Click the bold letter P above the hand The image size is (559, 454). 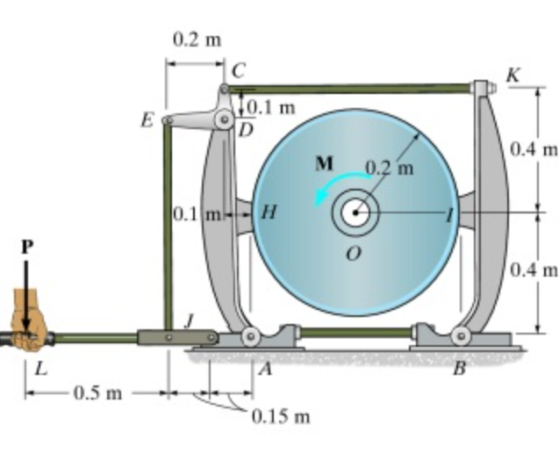(26, 249)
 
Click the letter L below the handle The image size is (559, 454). (39, 369)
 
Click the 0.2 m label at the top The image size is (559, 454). (197, 40)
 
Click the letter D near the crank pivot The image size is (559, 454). (246, 130)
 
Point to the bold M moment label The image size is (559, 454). (324, 162)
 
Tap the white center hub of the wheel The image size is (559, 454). (355, 212)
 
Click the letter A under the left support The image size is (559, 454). (264, 371)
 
